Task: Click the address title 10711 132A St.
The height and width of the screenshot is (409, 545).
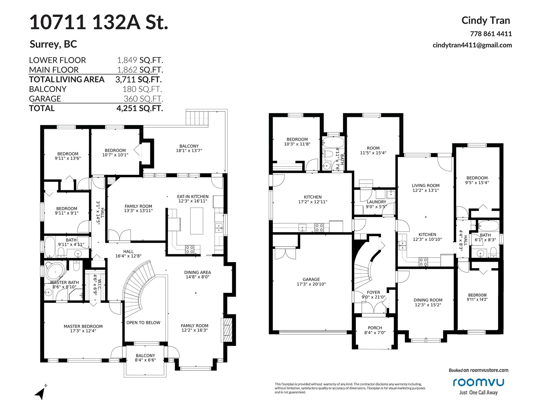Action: pyautogui.click(x=99, y=22)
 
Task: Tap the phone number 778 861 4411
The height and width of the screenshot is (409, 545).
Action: pyautogui.click(x=491, y=34)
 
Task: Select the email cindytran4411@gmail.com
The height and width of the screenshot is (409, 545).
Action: pyautogui.click(x=472, y=45)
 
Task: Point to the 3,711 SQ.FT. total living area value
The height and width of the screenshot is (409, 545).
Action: pyautogui.click(x=139, y=79)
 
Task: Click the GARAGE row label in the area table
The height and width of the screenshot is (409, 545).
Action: pyautogui.click(x=45, y=99)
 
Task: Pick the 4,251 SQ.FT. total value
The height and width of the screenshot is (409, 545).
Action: pyautogui.click(x=140, y=108)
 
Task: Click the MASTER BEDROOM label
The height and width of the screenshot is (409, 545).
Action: pyautogui.click(x=83, y=326)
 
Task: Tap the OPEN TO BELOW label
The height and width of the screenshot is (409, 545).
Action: pyautogui.click(x=143, y=322)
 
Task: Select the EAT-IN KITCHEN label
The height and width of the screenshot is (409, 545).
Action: pyautogui.click(x=193, y=196)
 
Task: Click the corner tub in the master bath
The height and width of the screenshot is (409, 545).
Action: pyautogui.click(x=56, y=271)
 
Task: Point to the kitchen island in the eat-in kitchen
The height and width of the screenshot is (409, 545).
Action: pyautogui.click(x=197, y=221)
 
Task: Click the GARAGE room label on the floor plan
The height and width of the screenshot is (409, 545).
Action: pyautogui.click(x=311, y=279)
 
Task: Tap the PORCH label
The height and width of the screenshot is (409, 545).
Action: pyautogui.click(x=375, y=328)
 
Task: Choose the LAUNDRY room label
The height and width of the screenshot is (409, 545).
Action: pyautogui.click(x=376, y=202)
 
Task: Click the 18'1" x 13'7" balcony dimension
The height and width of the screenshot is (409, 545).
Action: pyautogui.click(x=189, y=151)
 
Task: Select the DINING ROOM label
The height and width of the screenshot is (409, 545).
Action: pyautogui.click(x=428, y=300)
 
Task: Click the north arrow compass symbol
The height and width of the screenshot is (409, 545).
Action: pyautogui.click(x=41, y=392)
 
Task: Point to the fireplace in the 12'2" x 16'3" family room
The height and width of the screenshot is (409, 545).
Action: pyautogui.click(x=227, y=330)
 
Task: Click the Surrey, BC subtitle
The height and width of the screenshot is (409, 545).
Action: pyautogui.click(x=53, y=44)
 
